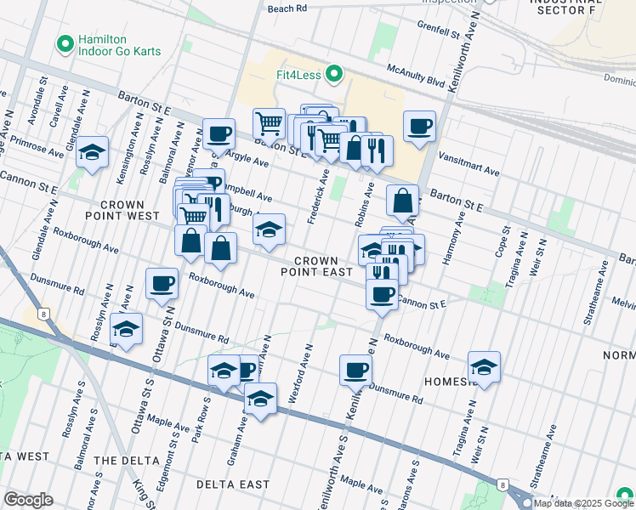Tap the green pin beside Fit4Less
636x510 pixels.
pos(333,75)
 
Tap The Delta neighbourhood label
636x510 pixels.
pos(126,460)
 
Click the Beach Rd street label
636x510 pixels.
pos(287,8)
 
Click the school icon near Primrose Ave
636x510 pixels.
pos(92,153)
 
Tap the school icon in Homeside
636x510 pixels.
pos(484,367)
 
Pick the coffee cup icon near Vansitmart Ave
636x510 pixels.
pos(419,127)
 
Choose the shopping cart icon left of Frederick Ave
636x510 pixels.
pos(269,123)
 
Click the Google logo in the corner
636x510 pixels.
pos(28,500)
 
